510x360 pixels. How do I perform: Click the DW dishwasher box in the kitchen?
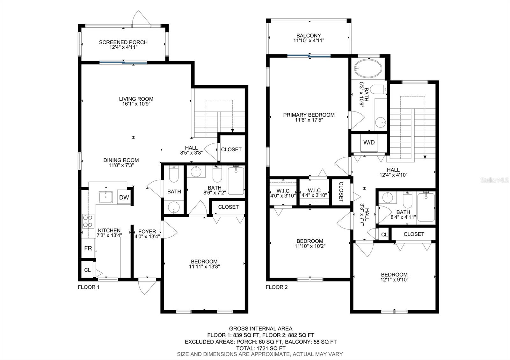pyautogui.click(x=124, y=197)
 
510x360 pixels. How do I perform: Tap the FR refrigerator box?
pyautogui.click(x=88, y=248)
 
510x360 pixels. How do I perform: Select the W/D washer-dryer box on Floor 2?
pyautogui.click(x=369, y=142)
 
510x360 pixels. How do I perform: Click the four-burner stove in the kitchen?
pyautogui.click(x=88, y=221)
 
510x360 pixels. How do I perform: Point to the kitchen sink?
pyautogui.click(x=106, y=197)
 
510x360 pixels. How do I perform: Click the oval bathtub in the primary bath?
pyautogui.click(x=368, y=68)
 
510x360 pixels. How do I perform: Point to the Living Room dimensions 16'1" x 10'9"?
pyautogui.click(x=136, y=104)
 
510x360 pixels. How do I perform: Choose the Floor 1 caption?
pyautogui.click(x=89, y=287)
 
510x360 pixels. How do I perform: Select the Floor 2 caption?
pyautogui.click(x=277, y=287)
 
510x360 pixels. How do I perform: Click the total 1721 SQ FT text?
pyautogui.click(x=261, y=348)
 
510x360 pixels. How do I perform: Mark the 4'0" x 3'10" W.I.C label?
pyautogui.click(x=283, y=193)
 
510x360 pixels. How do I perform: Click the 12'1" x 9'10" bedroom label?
pyautogui.click(x=394, y=277)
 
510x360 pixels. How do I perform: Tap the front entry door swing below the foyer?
pyautogui.click(x=147, y=287)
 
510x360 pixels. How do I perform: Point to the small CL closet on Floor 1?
pyautogui.click(x=88, y=270)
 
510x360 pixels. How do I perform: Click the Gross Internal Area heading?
pyautogui.click(x=261, y=328)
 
